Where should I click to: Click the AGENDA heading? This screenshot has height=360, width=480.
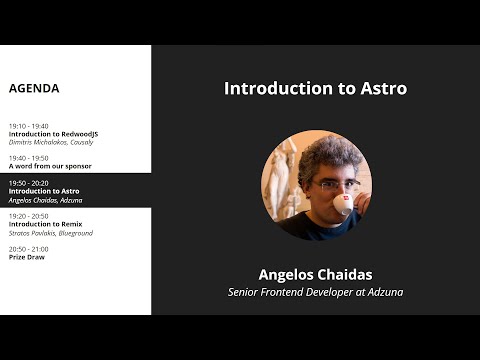click(34, 88)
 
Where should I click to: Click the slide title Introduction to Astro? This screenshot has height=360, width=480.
click(315, 88)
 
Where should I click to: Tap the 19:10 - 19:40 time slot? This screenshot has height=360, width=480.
click(28, 126)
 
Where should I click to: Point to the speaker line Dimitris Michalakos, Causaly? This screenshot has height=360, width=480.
click(51, 142)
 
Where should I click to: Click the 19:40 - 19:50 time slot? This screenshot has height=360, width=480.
click(28, 158)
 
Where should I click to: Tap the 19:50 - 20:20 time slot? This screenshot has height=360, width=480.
click(28, 183)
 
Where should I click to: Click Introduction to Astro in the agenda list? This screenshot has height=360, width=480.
click(43, 191)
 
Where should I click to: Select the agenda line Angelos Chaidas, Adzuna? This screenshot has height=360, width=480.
click(44, 200)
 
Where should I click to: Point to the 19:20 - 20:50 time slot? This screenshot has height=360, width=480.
click(28, 216)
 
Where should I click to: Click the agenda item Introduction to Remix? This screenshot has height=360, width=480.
click(45, 224)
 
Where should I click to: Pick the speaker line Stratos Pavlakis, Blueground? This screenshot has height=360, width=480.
click(50, 232)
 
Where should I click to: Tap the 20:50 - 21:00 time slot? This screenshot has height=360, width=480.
click(28, 249)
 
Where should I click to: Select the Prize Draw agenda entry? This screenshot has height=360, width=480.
click(26, 257)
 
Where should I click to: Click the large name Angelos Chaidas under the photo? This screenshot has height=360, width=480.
click(315, 273)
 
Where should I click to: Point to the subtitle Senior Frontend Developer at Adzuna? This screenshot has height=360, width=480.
click(315, 292)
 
